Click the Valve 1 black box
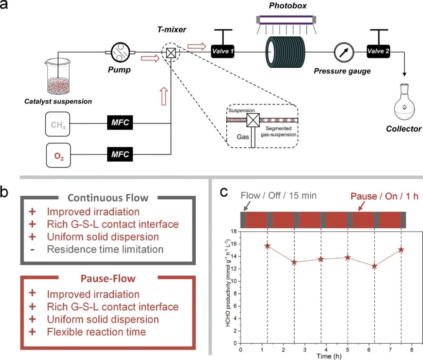coord(223,51)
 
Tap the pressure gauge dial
coord(343,51)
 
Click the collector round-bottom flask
coord(405,107)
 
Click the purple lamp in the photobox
coord(286,19)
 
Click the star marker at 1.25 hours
coord(268,246)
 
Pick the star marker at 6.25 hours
coord(374,266)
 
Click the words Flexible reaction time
coord(96,332)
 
